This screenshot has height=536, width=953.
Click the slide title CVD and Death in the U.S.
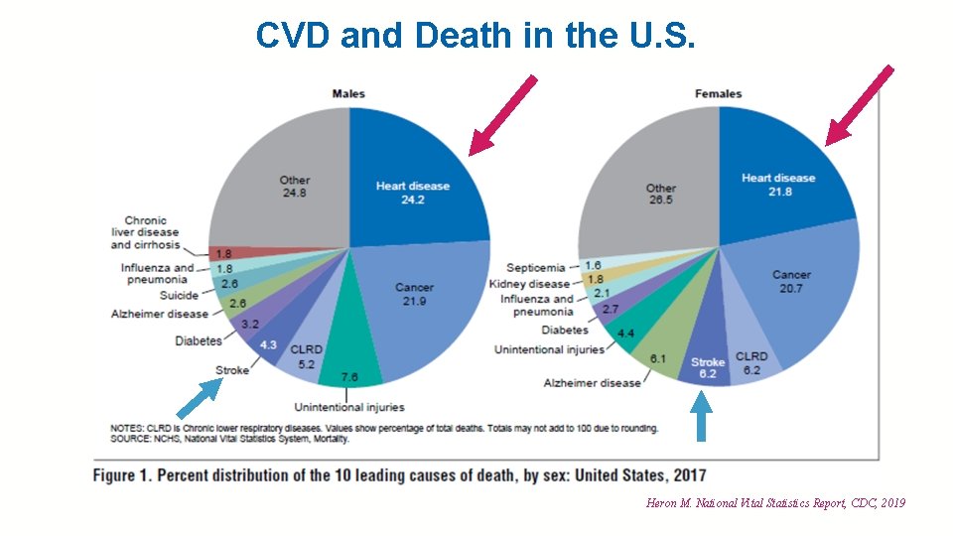click(x=476, y=35)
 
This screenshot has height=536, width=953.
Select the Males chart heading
click(x=348, y=94)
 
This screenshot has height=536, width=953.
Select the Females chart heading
click(x=719, y=94)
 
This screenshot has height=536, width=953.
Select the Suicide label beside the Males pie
click(x=179, y=296)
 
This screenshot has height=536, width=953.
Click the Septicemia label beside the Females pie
click(x=535, y=268)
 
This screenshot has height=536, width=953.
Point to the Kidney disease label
click(x=529, y=284)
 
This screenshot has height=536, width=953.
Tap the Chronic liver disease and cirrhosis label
click(x=145, y=232)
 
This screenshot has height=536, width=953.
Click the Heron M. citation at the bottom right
click(x=775, y=503)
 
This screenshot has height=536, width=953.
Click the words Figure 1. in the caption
click(x=122, y=475)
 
